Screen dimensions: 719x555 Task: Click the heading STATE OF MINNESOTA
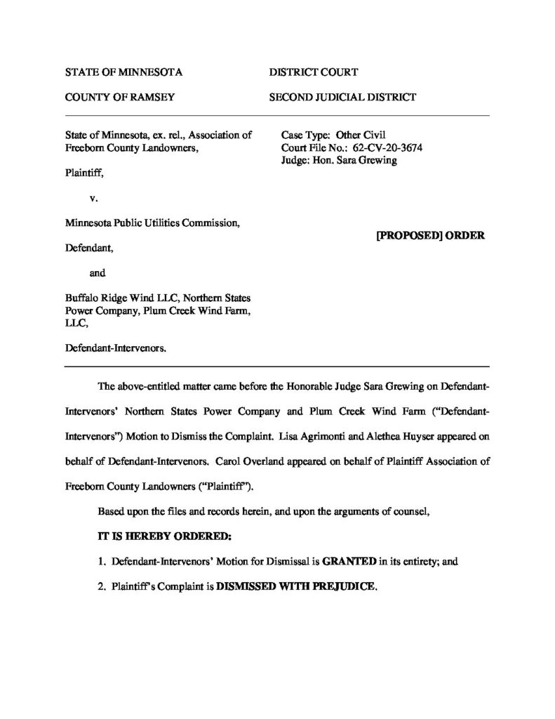click(x=123, y=72)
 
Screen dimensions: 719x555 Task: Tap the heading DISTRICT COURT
click(x=314, y=72)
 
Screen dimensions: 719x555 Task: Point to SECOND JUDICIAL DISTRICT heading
click(x=342, y=98)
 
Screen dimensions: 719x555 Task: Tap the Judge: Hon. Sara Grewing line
click(x=339, y=160)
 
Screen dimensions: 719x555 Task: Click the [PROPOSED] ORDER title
click(x=430, y=235)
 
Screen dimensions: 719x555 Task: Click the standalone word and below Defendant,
click(x=98, y=272)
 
